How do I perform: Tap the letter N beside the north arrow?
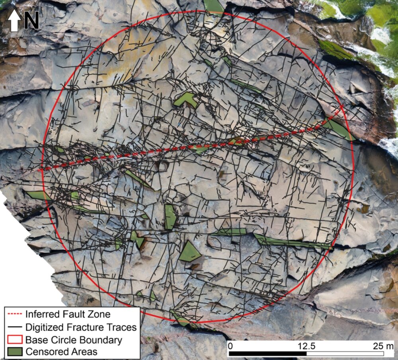tap(31, 20)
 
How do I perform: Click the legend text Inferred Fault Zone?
tap(68, 314)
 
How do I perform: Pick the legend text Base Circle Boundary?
tap(74, 340)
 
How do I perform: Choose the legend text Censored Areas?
tap(61, 352)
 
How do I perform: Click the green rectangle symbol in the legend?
tap(15, 352)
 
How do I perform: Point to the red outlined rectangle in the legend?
tap(15, 340)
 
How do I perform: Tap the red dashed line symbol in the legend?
tap(15, 314)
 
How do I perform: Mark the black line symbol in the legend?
tap(15, 327)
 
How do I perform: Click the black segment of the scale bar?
tap(267, 353)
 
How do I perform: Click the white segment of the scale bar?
tap(345, 353)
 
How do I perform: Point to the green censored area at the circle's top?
tap(214, 6)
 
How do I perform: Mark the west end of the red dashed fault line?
tap(40, 170)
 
